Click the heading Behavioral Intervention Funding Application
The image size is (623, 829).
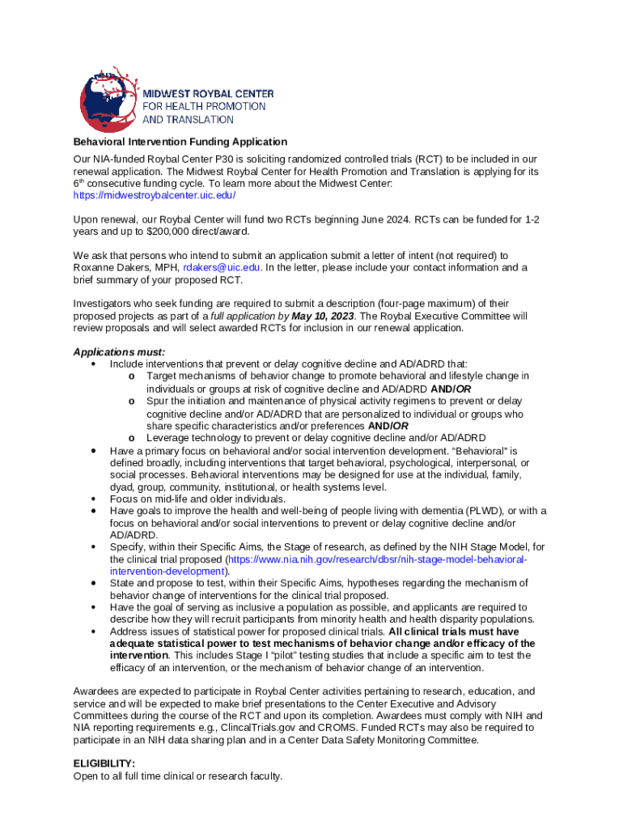coord(180,142)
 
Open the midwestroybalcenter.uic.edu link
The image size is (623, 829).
coord(155,195)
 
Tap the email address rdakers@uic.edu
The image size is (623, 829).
coord(222,267)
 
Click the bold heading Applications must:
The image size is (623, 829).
coord(119,352)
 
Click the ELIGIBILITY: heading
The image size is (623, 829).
coord(104,763)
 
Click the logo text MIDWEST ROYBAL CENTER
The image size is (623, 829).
coord(209,93)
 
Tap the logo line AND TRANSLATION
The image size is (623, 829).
coord(189,119)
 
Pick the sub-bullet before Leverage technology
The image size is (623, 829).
coord(132,438)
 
